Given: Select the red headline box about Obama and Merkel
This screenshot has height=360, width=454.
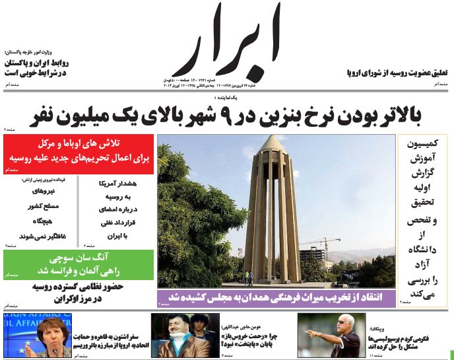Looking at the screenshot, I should point(79,153).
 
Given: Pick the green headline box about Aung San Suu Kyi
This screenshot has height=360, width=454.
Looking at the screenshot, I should point(79,263).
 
